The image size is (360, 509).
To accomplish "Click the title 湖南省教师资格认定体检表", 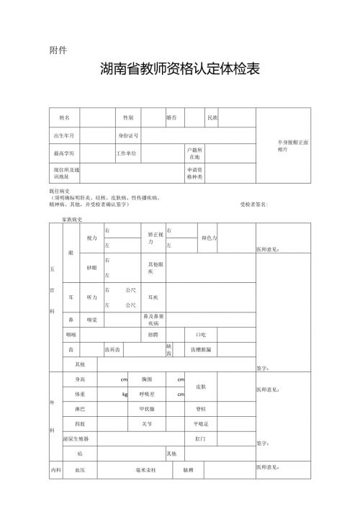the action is pyautogui.click(x=180, y=70).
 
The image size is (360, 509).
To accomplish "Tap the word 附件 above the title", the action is pyautogui.click(x=58, y=50).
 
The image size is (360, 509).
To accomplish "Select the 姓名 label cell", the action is pyautogui.click(x=65, y=117).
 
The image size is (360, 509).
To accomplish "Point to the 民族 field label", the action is pyautogui.click(x=212, y=117).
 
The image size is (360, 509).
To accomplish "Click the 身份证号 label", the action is pyautogui.click(x=128, y=135).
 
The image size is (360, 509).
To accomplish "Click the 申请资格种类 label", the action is pyautogui.click(x=195, y=174).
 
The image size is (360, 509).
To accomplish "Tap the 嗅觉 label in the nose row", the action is pyautogui.click(x=91, y=319).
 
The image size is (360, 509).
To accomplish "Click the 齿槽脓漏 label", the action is pyautogui.click(x=201, y=350).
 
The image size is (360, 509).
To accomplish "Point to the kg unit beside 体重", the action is pyautogui.click(x=125, y=395).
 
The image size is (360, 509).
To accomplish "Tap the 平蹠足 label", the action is pyautogui.click(x=201, y=424).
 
